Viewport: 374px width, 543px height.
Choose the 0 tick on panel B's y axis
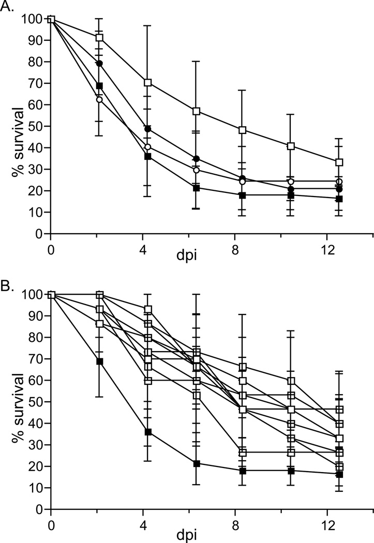tap(41, 509)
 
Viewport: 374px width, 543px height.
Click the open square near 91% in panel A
tap(99, 38)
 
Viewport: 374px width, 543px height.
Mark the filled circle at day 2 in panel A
tap(99, 64)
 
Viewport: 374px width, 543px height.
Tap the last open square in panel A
tap(339, 162)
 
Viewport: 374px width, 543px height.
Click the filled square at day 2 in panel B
tap(99, 361)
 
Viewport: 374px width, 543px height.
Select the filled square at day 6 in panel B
tap(196, 463)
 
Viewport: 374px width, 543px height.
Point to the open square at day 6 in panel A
tap(196, 111)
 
